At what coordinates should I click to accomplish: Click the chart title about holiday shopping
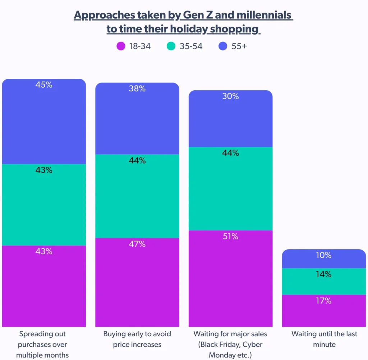184,22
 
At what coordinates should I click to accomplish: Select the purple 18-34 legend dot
121,46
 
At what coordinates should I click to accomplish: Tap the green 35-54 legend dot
171,46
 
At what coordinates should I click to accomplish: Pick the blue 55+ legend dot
223,46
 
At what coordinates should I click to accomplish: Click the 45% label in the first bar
44,85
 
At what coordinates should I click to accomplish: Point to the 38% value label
137,89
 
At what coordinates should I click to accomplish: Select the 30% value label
230,96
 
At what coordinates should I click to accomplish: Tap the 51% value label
230,237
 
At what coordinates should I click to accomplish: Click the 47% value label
137,244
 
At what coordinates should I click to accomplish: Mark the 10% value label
324,256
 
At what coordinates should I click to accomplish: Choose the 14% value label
324,275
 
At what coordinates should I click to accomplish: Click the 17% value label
324,301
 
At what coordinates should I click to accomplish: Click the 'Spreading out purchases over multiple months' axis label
44,345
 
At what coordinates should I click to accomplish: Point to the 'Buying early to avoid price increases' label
137,339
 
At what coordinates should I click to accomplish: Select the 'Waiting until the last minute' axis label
324,339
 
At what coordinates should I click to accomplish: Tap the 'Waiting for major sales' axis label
230,345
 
